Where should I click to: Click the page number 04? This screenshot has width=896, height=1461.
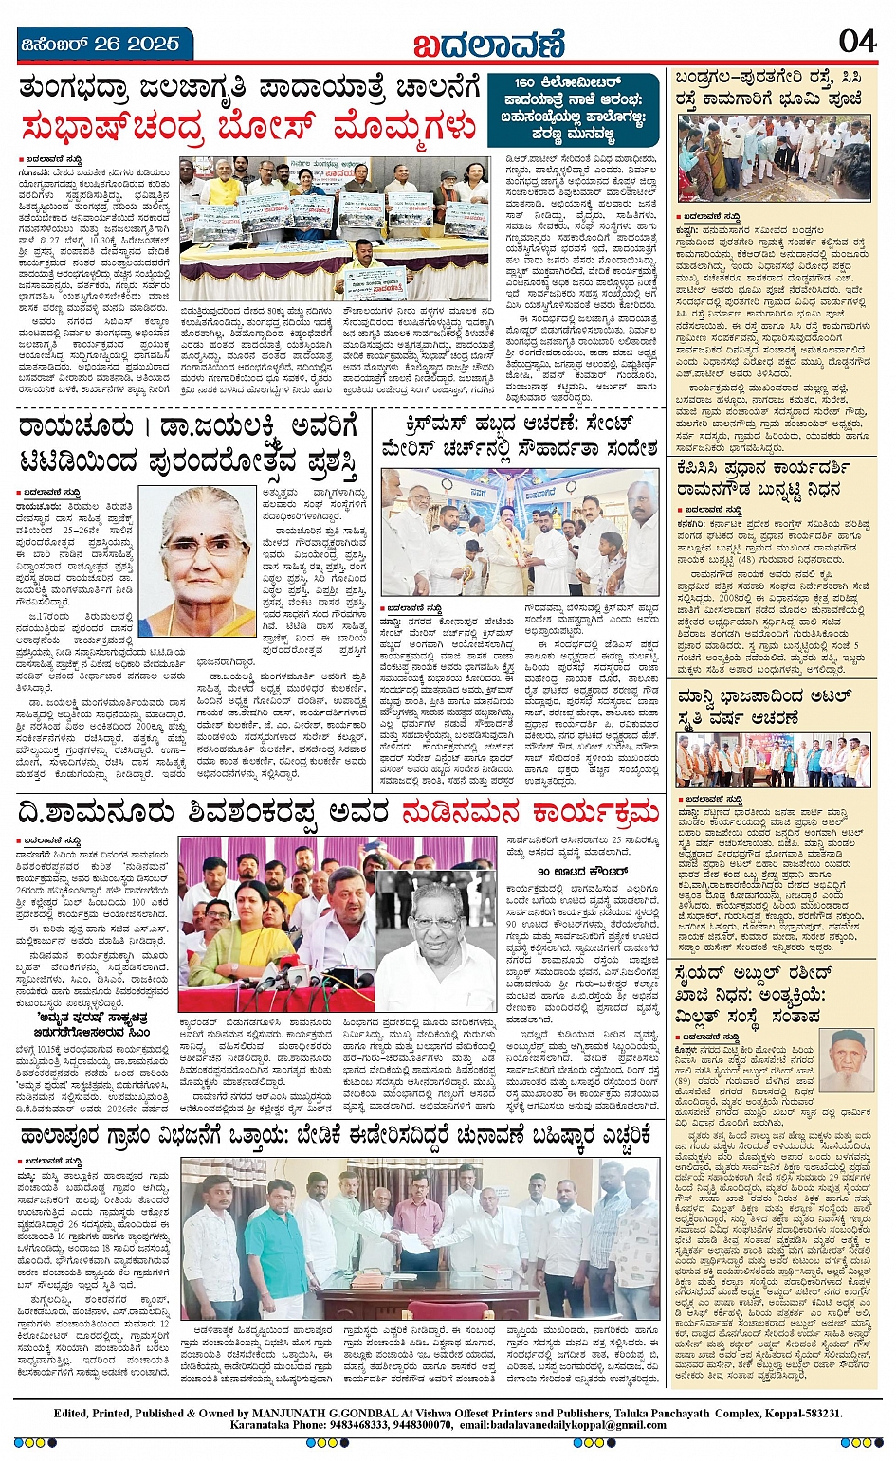pyautogui.click(x=857, y=41)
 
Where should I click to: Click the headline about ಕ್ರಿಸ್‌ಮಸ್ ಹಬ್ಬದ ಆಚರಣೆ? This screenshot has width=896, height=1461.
pyautogui.click(x=520, y=434)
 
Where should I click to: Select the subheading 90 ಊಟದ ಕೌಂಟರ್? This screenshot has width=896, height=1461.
pyautogui.click(x=582, y=870)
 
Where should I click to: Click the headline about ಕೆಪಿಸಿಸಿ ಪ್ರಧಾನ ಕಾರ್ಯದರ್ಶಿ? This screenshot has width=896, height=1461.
pyautogui.click(x=763, y=478)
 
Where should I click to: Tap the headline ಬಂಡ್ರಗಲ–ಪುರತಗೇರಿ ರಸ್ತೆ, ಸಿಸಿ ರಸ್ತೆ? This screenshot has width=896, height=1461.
pyautogui.click(x=769, y=87)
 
